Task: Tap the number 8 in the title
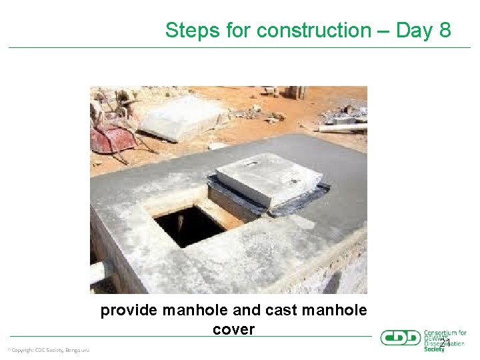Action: pyautogui.click(x=444, y=31)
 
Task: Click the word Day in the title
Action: pyautogui.click(x=414, y=31)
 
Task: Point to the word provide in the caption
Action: pyautogui.click(x=129, y=310)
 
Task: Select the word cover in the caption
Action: pyautogui.click(x=233, y=329)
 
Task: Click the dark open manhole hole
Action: pyautogui.click(x=190, y=225)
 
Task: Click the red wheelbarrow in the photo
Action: pyautogui.click(x=115, y=139)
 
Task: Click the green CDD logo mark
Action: pyautogui.click(x=400, y=338)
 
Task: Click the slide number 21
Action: pyautogui.click(x=445, y=343)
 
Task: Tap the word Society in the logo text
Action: pyautogui.click(x=434, y=349)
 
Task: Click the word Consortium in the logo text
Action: pyautogui.click(x=441, y=333)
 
